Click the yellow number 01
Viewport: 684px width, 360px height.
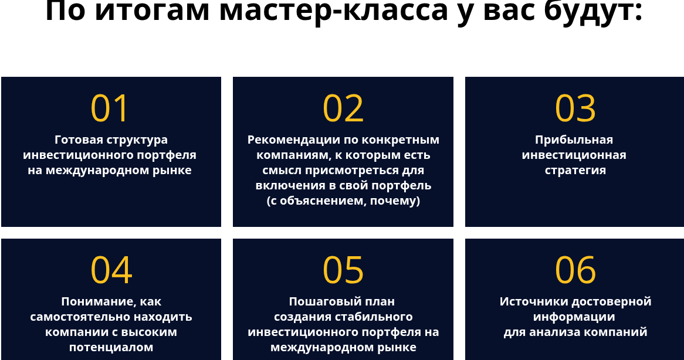pos(110,108)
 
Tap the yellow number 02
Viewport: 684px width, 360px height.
pos(343,108)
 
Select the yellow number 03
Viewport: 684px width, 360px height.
pos(575,108)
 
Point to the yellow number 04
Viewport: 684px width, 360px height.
pos(111,270)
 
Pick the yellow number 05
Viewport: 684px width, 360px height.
pos(343,270)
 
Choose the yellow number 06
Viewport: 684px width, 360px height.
pos(575,270)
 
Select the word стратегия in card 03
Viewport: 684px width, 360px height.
pos(575,171)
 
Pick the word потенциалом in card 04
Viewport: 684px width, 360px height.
pos(111,347)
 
